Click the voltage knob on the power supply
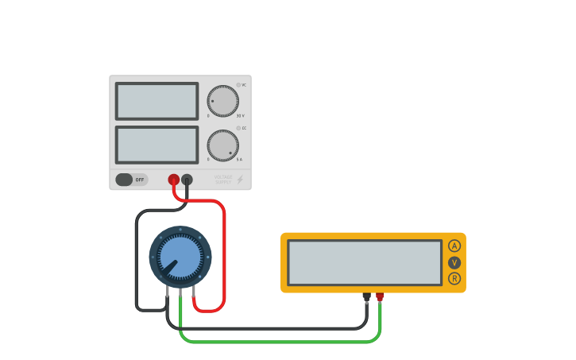point(222,101)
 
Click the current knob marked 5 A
point(222,145)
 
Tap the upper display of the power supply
point(157,101)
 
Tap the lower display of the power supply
point(157,145)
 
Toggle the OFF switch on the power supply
point(131,180)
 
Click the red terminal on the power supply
point(173,180)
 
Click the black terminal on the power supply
point(187,180)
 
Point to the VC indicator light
point(238,84)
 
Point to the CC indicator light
point(238,128)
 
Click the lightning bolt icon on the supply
point(240,180)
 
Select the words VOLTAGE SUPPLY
point(223,180)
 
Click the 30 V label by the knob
point(240,116)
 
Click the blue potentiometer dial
point(180,256)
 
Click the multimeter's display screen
point(364,262)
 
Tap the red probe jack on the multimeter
point(380,296)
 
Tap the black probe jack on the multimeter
point(366,296)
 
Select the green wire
point(278,342)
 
